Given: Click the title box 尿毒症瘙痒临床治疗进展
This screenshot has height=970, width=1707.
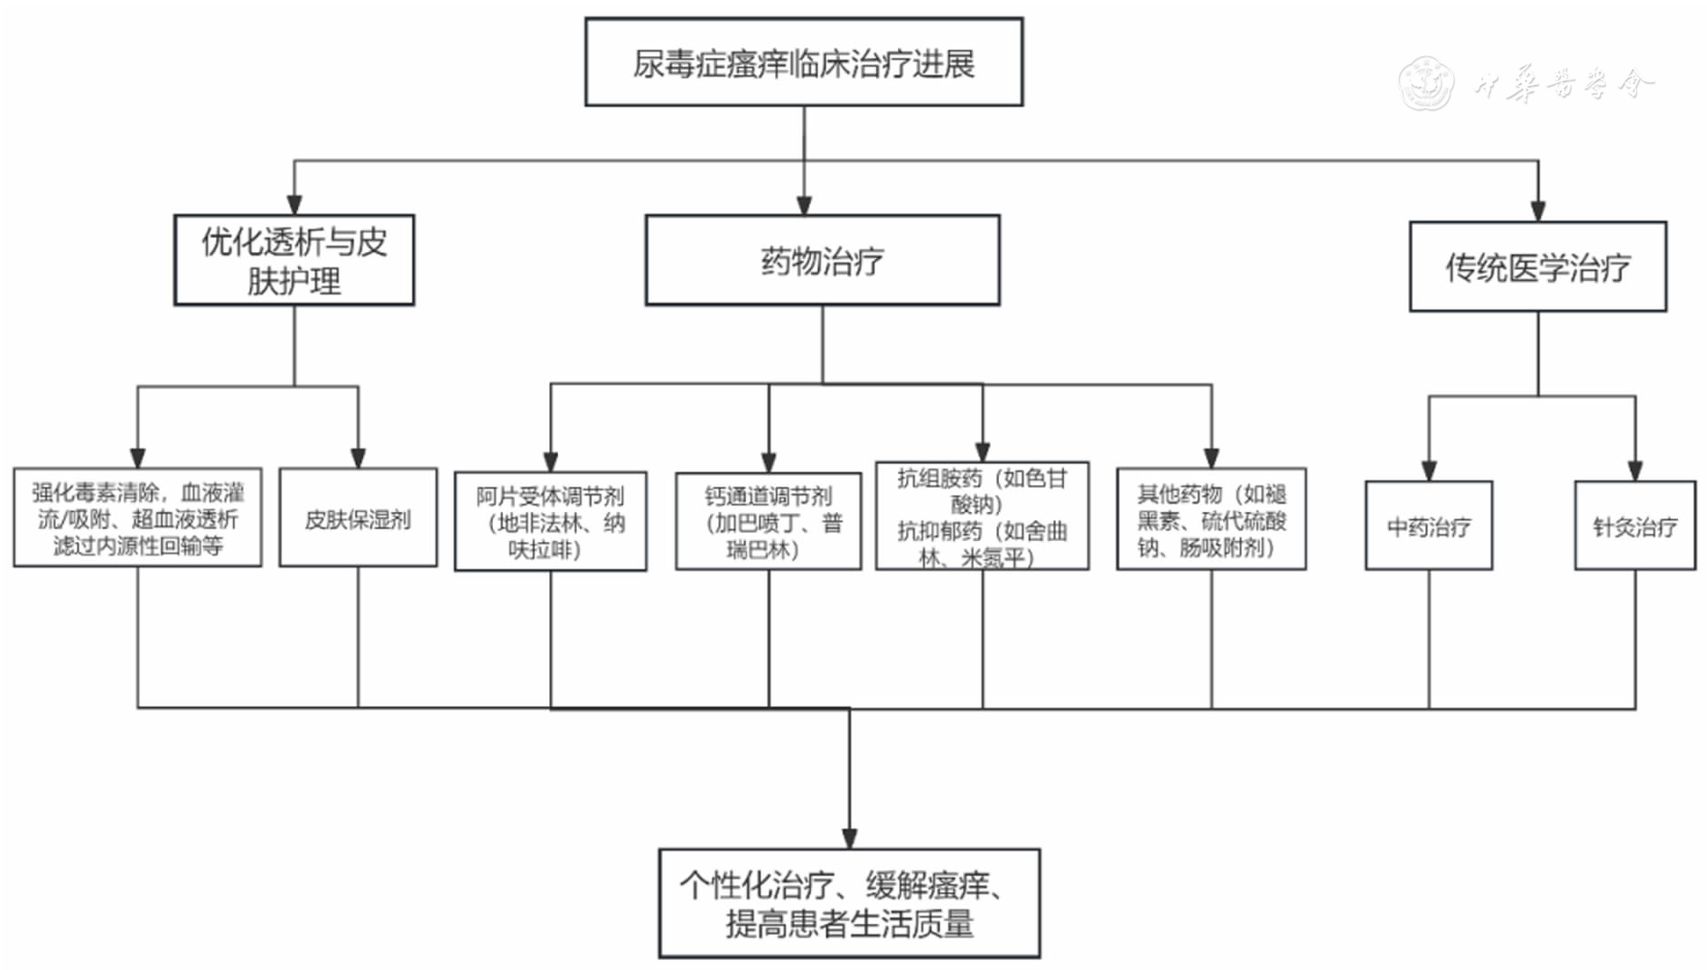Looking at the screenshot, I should tap(804, 62).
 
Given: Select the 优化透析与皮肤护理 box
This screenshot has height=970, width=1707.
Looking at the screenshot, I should tap(294, 260).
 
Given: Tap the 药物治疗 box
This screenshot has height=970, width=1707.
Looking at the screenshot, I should tap(822, 260).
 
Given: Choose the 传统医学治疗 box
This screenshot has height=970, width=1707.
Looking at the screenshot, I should tap(1537, 266).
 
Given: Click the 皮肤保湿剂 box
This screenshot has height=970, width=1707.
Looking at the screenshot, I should tap(358, 518).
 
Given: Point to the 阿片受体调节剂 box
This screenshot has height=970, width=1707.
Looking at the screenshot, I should tap(550, 521).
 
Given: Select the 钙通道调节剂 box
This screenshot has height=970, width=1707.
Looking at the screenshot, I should tap(769, 521).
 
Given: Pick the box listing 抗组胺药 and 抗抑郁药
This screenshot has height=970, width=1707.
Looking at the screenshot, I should tap(982, 516).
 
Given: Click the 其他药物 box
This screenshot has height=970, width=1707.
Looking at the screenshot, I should tap(1211, 518).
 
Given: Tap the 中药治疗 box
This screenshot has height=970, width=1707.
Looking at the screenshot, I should tap(1428, 525).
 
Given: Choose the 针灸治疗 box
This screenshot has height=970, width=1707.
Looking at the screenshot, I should tap(1635, 525).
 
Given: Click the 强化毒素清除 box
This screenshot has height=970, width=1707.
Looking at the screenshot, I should tap(137, 518).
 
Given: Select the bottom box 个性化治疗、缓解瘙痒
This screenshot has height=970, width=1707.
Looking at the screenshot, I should tap(849, 903).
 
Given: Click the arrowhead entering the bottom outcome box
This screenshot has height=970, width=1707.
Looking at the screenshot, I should tap(849, 839).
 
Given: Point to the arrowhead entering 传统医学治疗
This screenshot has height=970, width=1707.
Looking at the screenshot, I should tap(1538, 211).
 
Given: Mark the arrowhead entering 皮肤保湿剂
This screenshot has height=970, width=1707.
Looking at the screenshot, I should tap(358, 458).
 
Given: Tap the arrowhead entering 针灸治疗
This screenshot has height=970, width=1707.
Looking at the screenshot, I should tap(1635, 471).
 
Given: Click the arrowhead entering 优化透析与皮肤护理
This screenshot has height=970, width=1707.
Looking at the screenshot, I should tap(294, 204).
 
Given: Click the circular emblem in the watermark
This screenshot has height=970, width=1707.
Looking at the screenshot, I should tap(1426, 83).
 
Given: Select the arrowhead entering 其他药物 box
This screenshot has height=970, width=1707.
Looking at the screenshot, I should tap(1211, 458).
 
